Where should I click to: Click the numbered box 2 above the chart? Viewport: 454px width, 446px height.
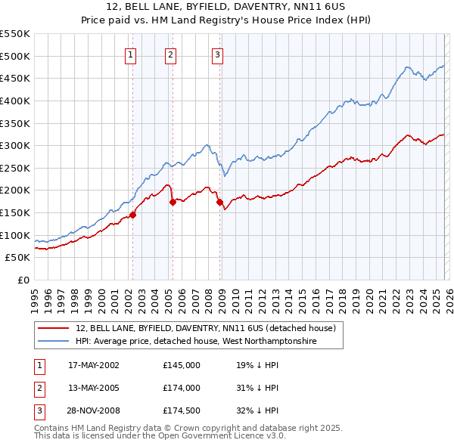(171, 54)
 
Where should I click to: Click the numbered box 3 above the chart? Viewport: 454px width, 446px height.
(217, 54)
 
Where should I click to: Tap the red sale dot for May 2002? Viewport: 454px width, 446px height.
(132, 215)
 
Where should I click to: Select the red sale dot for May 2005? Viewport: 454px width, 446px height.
(173, 202)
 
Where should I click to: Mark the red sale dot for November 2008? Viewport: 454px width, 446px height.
(219, 202)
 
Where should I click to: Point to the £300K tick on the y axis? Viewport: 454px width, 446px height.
(17, 145)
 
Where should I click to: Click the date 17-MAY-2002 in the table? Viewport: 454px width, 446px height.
(94, 364)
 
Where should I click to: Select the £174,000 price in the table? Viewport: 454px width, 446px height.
(182, 388)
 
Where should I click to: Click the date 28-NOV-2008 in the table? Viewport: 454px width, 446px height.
(94, 411)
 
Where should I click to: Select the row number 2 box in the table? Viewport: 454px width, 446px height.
(39, 388)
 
